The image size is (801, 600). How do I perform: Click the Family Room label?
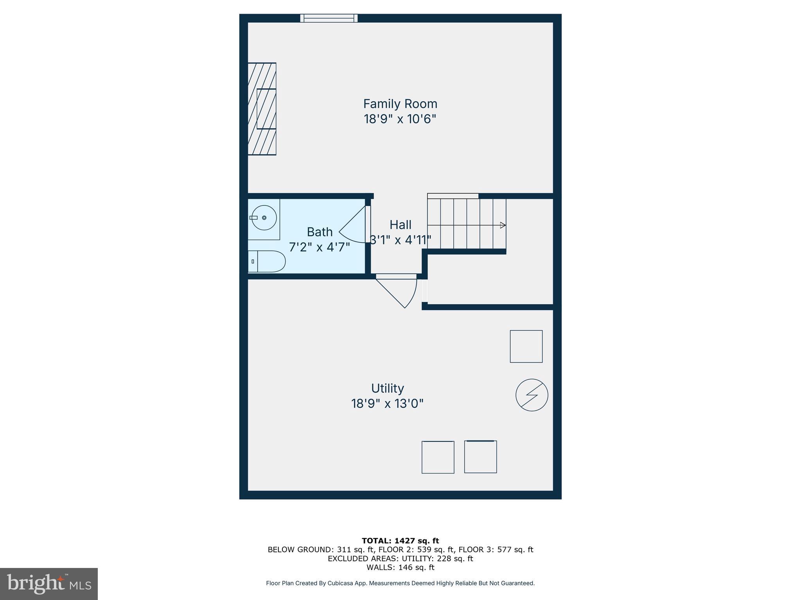pos(400,104)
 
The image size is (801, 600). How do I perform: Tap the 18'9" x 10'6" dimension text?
pos(400,119)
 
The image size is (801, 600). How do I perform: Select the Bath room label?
pos(320,232)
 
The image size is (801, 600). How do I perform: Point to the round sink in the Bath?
pos(264,218)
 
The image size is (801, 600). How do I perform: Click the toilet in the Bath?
pos(267,261)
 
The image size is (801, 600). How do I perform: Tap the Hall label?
pos(400,225)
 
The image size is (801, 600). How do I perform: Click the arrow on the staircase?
pos(503,225)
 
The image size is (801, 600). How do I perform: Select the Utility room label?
pos(387,388)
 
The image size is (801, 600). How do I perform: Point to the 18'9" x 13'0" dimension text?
pos(387,404)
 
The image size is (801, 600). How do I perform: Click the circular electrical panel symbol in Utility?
pos(532,395)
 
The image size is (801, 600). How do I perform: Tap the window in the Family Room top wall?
pos(329,18)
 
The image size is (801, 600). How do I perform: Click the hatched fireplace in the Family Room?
pos(262,109)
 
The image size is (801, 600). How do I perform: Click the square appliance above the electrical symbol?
pos(526,346)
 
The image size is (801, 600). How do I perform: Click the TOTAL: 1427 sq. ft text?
pos(400,541)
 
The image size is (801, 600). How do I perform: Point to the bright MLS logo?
pos(49,584)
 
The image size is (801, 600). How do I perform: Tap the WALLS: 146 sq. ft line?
pos(400,568)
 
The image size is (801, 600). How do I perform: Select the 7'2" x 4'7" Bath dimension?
pos(319,247)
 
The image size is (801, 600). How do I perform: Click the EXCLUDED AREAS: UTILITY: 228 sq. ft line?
pos(400,559)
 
